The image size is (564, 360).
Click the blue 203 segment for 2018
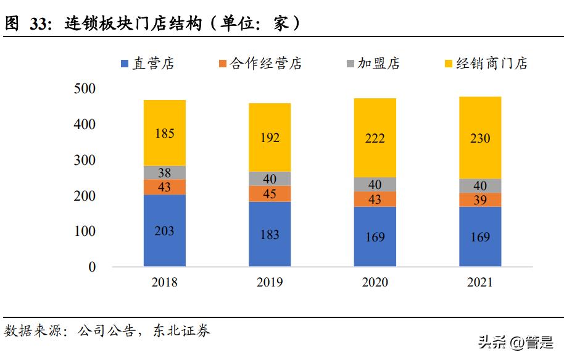[x=164, y=231]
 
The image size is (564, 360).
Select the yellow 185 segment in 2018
[x=164, y=133]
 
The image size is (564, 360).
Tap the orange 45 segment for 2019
[x=270, y=194]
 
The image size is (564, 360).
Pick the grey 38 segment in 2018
[x=164, y=173]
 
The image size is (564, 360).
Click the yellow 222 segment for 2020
[x=375, y=138]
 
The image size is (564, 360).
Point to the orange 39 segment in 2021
[x=479, y=199]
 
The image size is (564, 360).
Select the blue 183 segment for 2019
[x=270, y=235]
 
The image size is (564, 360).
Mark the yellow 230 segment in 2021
[x=479, y=138]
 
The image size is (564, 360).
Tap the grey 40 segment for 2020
[x=375, y=185]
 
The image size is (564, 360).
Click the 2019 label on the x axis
[x=270, y=283]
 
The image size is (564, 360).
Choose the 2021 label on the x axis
[x=479, y=283]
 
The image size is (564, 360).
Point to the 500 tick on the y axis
[x=85, y=89]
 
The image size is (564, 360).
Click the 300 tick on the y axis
[x=85, y=161]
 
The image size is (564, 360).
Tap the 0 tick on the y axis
[x=92, y=267]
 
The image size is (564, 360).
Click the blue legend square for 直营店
[x=124, y=64]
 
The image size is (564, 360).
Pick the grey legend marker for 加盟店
[x=350, y=64]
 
